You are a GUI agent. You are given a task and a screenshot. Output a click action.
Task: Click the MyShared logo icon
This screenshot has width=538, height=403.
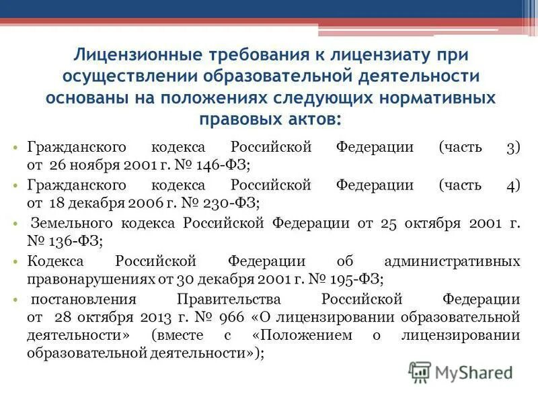[420, 371]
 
